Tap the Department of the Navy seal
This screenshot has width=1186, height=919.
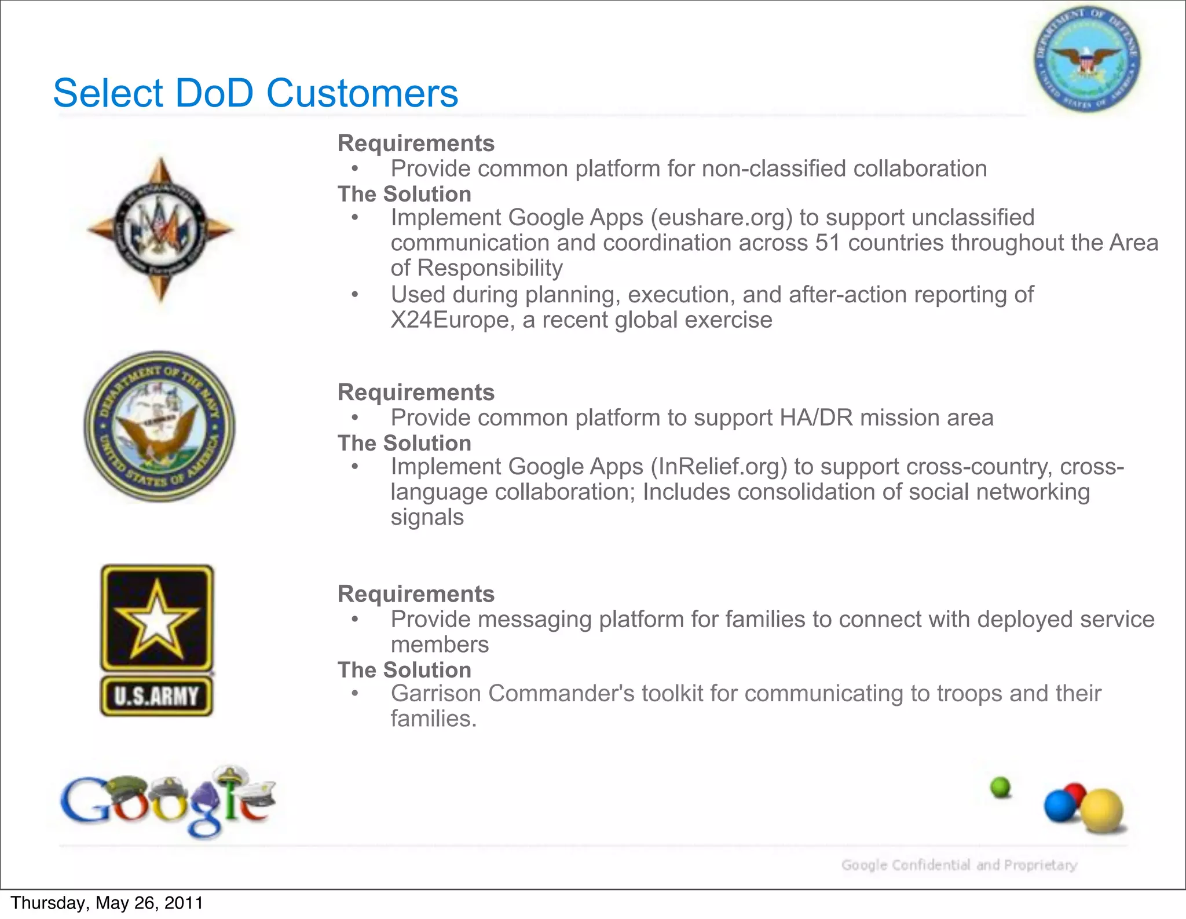tap(160, 426)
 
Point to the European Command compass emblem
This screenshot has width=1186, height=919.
tap(160, 229)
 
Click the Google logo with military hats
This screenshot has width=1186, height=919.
tap(168, 802)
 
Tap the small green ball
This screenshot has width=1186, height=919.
tap(1001, 788)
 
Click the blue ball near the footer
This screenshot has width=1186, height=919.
tap(1060, 807)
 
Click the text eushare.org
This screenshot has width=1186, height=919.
tap(721, 218)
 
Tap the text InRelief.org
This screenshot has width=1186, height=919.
tap(719, 467)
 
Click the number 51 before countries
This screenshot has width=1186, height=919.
tap(828, 243)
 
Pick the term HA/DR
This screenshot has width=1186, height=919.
tap(817, 418)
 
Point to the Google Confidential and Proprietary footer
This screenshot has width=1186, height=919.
tap(959, 865)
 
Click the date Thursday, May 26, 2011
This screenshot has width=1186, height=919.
tap(107, 903)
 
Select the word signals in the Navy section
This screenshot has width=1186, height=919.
tap(427, 517)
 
